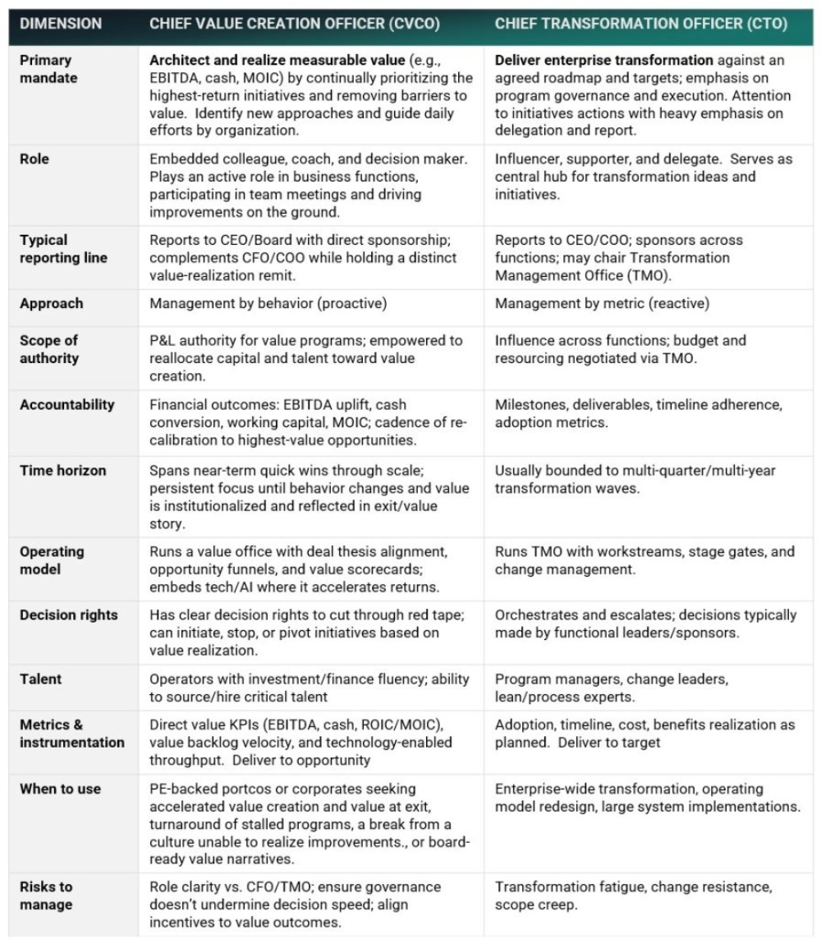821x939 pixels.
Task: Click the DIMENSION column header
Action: click(61, 24)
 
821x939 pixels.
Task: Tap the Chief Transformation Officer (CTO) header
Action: click(640, 24)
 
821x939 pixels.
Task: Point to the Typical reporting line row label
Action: click(56, 249)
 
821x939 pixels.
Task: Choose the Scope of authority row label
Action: click(52, 349)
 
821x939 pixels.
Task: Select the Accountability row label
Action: click(67, 404)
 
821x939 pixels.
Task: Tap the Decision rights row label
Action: click(69, 614)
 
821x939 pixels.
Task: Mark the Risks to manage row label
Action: click(47, 895)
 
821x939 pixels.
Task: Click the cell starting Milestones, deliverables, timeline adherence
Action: click(638, 412)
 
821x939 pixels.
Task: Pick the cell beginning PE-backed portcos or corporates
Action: click(310, 822)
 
